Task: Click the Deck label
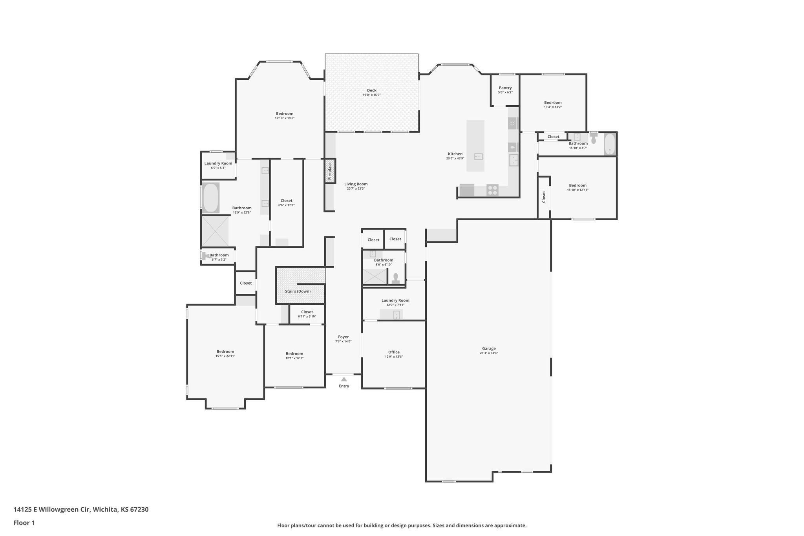[x=371, y=90]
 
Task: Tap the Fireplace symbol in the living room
[x=330, y=171]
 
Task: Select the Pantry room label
[x=505, y=88]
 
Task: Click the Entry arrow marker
[x=344, y=379]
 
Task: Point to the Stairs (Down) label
[x=298, y=291]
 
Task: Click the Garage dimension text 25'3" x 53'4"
[x=489, y=353]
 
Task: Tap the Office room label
[x=394, y=352]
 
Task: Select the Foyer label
[x=343, y=337]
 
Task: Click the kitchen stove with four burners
[x=492, y=190]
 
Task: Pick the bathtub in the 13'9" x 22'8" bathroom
[x=210, y=198]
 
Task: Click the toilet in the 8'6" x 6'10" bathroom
[x=395, y=278]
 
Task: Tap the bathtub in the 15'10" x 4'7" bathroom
[x=609, y=144]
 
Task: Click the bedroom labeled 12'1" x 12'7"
[x=294, y=353]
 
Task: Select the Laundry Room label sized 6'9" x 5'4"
[x=218, y=163]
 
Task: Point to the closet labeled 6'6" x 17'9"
[x=287, y=201]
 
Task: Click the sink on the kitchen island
[x=478, y=157]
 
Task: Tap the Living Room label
[x=356, y=184]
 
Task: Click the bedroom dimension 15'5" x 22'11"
[x=225, y=356]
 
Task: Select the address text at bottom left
[x=81, y=510]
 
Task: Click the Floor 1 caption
[x=24, y=523]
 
